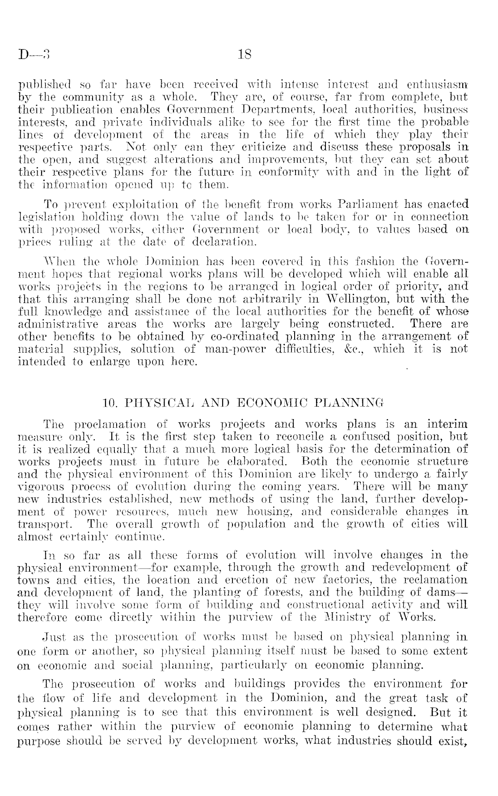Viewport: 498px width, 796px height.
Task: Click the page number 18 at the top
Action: (x=245, y=55)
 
